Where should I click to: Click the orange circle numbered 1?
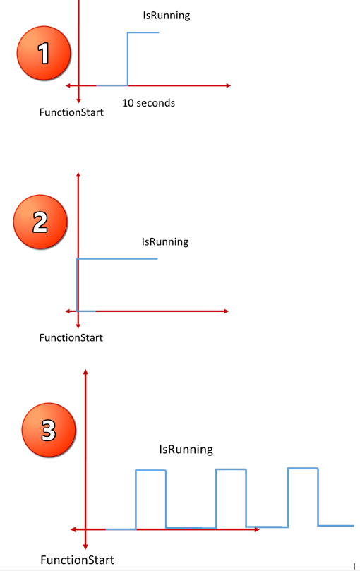[44, 53]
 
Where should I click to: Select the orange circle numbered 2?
[40, 222]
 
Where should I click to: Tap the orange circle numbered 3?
[49, 430]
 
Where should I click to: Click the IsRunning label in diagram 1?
[167, 16]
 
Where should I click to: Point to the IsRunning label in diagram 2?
[165, 242]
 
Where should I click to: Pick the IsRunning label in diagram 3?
[186, 450]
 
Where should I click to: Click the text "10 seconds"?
[149, 103]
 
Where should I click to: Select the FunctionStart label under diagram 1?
[71, 112]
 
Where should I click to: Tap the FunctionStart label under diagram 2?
[71, 337]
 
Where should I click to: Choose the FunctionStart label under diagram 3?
[77, 560]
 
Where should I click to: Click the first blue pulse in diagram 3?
[151, 471]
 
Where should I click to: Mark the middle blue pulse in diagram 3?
[231, 470]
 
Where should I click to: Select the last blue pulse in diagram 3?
[303, 469]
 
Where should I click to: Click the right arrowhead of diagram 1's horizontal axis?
[229, 85]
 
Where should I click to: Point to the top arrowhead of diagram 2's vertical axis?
[78, 175]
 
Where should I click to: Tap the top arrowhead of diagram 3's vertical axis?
[85, 372]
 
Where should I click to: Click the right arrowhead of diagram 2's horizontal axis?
[227, 311]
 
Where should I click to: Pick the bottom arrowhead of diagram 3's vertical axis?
[85, 546]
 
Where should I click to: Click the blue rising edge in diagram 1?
[128, 59]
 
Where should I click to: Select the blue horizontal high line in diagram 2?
[117, 258]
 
